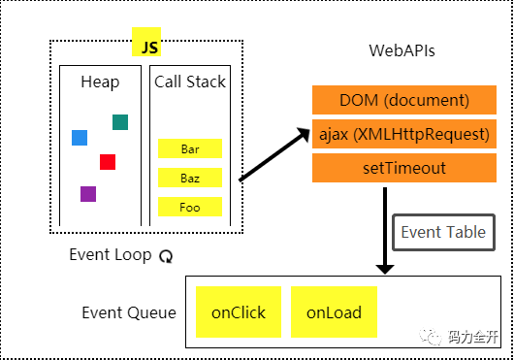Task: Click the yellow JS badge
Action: (x=146, y=42)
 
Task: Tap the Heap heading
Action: (x=100, y=82)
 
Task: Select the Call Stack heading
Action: (x=190, y=82)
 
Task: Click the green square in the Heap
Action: (x=120, y=122)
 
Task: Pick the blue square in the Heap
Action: (x=80, y=138)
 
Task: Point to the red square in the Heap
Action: (x=108, y=162)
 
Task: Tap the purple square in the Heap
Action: (x=88, y=194)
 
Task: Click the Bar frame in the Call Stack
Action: (x=190, y=148)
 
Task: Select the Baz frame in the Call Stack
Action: (x=190, y=178)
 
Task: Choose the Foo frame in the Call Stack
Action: (x=190, y=207)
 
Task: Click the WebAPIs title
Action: (x=402, y=50)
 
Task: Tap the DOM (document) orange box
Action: (x=404, y=100)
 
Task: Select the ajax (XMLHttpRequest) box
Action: (x=404, y=134)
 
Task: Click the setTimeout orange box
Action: (x=404, y=168)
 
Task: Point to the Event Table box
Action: (x=443, y=233)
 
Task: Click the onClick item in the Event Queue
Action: (x=239, y=312)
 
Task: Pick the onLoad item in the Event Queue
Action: (x=334, y=312)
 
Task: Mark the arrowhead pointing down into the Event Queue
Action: (x=385, y=270)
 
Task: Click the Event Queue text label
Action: (x=129, y=312)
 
